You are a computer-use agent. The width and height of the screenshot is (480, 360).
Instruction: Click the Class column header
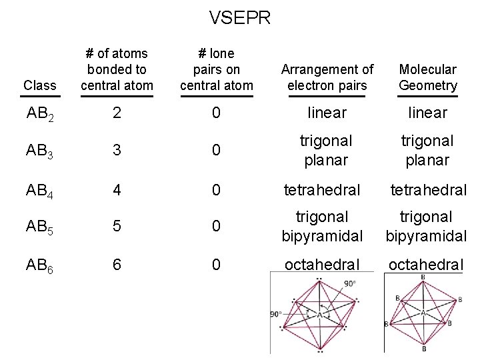click(x=39, y=85)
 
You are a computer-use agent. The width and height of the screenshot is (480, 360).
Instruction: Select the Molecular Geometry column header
click(x=428, y=77)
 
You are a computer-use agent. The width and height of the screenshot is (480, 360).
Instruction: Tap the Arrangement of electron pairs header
click(x=327, y=77)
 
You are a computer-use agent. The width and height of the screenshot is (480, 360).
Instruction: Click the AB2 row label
click(x=40, y=113)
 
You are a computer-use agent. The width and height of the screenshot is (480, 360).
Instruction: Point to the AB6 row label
click(x=40, y=265)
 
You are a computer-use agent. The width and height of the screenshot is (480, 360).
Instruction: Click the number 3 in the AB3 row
click(x=117, y=151)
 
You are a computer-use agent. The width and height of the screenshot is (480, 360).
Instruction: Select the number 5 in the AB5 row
click(x=117, y=227)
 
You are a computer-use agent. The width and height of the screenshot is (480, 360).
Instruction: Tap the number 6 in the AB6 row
click(x=117, y=265)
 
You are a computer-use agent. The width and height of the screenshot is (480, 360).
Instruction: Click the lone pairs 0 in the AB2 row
click(x=215, y=113)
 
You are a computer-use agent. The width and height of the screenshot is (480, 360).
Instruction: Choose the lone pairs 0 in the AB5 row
click(x=215, y=227)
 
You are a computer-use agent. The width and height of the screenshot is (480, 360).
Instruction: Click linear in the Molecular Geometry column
click(x=428, y=113)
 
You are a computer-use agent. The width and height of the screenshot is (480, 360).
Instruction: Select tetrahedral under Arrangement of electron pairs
click(x=323, y=190)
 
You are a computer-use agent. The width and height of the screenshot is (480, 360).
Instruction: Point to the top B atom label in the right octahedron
click(x=423, y=277)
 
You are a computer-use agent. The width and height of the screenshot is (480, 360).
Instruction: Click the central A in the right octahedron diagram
click(x=423, y=312)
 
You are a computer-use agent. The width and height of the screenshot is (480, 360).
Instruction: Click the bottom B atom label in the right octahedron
click(x=423, y=349)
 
